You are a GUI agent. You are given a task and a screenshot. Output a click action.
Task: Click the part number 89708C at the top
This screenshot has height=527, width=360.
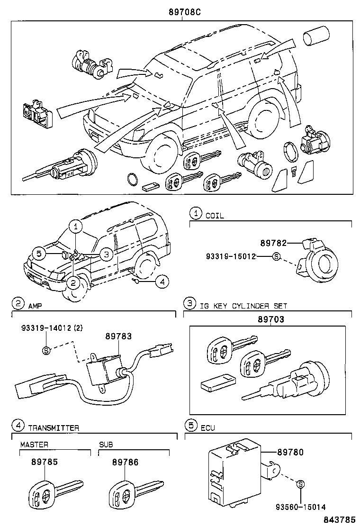click(182, 12)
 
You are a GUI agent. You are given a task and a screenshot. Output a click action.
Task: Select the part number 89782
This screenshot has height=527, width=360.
click(273, 243)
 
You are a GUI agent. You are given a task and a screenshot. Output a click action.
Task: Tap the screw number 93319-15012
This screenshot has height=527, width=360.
click(231, 256)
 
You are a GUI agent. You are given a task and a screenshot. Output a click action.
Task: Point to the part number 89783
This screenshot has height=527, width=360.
click(118, 336)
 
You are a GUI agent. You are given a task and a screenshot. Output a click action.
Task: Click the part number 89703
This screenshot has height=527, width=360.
click(271, 320)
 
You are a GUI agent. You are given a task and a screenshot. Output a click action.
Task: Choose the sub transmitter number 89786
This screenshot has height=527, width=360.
click(126, 462)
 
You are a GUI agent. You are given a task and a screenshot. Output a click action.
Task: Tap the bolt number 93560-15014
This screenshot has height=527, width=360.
click(299, 507)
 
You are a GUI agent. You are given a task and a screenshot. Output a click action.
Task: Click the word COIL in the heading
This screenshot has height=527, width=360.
click(215, 215)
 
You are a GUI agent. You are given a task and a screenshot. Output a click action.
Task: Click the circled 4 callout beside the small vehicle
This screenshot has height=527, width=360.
click(162, 282)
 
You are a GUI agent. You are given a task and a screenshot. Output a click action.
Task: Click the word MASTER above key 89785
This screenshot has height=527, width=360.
click(34, 445)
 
